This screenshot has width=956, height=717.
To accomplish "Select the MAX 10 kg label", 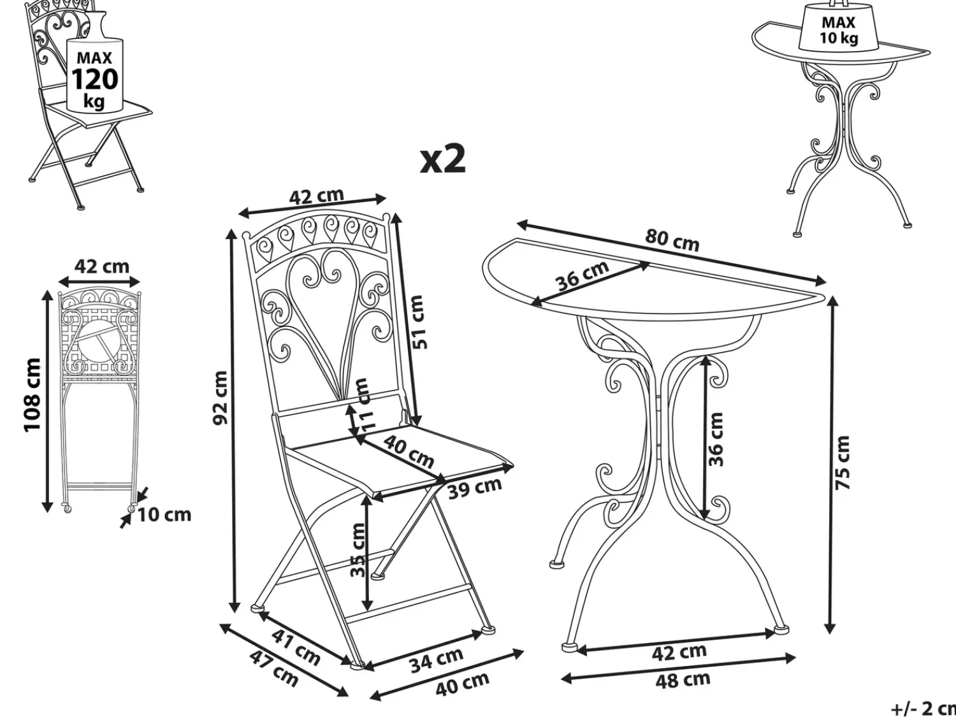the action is click(x=838, y=30).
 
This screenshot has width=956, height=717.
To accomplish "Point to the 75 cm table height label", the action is click(x=842, y=462).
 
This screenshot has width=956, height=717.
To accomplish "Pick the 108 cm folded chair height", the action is click(x=33, y=395).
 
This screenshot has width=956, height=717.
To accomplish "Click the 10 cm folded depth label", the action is click(x=164, y=514).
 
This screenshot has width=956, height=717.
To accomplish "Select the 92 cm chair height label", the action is click(x=221, y=398).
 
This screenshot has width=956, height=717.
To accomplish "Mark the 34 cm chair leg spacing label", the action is click(x=437, y=660).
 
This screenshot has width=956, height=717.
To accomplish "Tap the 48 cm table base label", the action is click(x=683, y=680).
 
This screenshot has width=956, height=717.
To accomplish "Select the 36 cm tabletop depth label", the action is click(x=583, y=275).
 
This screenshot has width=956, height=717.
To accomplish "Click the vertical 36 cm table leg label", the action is click(x=716, y=439).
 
